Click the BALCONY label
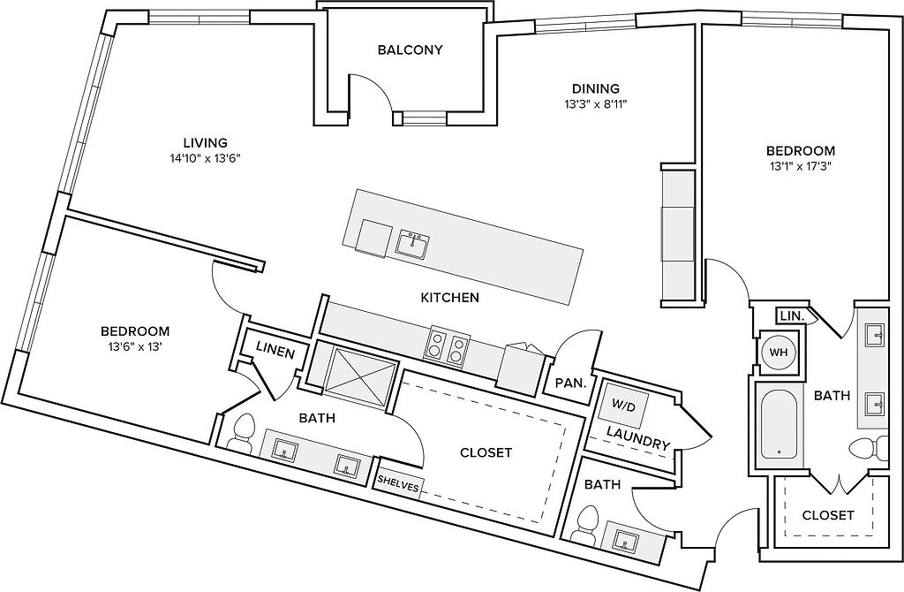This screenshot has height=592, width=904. pos(410,50)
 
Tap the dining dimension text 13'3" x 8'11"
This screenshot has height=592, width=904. pos(596,104)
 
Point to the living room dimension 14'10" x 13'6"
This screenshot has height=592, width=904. pos(205,158)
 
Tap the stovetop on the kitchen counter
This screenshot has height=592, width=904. pos(448,346)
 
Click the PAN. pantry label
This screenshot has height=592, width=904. pos(571,383)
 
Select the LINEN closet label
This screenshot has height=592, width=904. pos(275,351)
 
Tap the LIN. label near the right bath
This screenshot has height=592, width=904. pos(792,316)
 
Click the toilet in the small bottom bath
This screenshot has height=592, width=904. pos(589,524)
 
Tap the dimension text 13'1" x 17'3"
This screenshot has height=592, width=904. pos(800,166)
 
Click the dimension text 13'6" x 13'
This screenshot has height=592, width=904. pos(135,346)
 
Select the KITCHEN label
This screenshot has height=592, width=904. pos(449,298)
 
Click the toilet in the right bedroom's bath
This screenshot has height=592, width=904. pos(870,448)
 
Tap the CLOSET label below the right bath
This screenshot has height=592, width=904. pos(828,514)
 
